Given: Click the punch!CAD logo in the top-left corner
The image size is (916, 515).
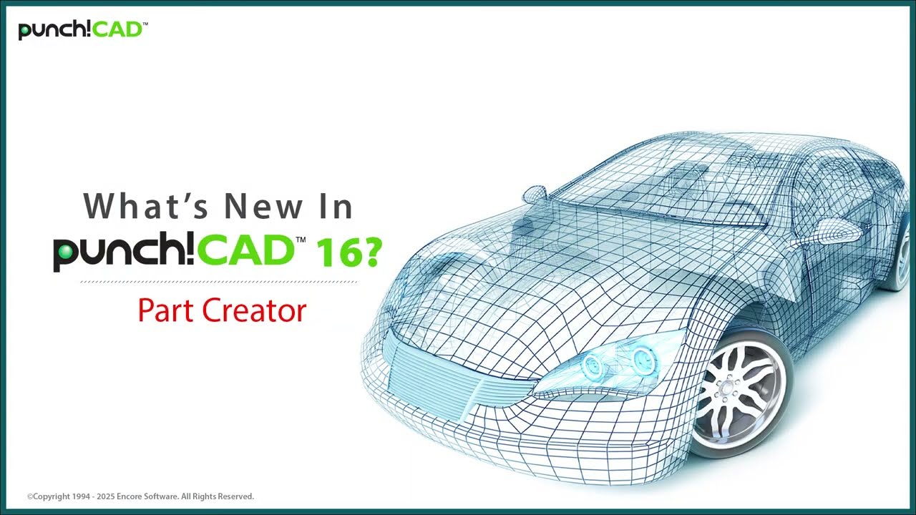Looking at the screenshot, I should pos(82,30).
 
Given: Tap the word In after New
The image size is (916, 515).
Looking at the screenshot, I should pos(334,207).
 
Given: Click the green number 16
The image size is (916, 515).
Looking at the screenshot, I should pos(336,252).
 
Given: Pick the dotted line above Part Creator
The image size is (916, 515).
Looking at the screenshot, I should pos(218,282).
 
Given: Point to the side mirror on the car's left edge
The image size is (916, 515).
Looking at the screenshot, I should pos(534,193).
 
